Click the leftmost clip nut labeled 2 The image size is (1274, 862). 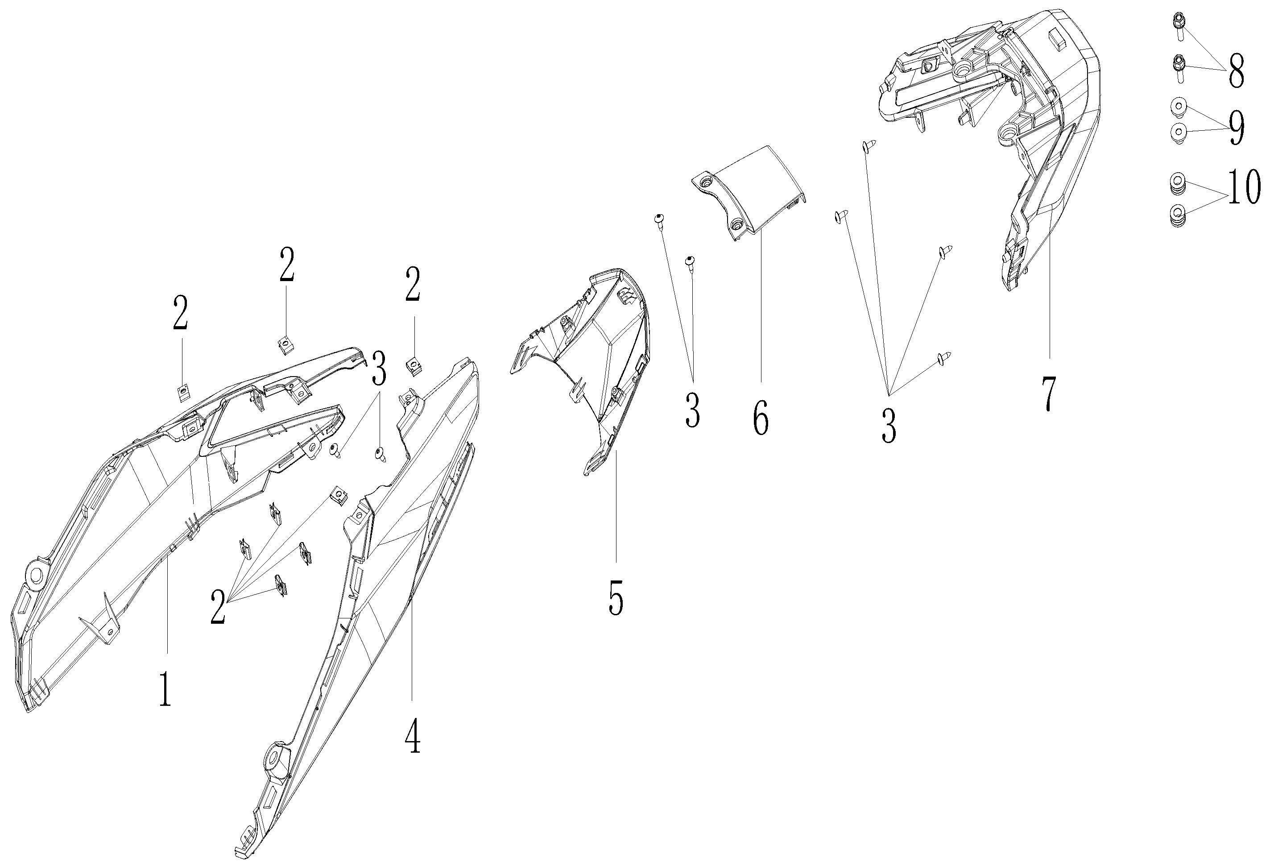click(x=182, y=393)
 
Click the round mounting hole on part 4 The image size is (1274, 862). click(x=272, y=759)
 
